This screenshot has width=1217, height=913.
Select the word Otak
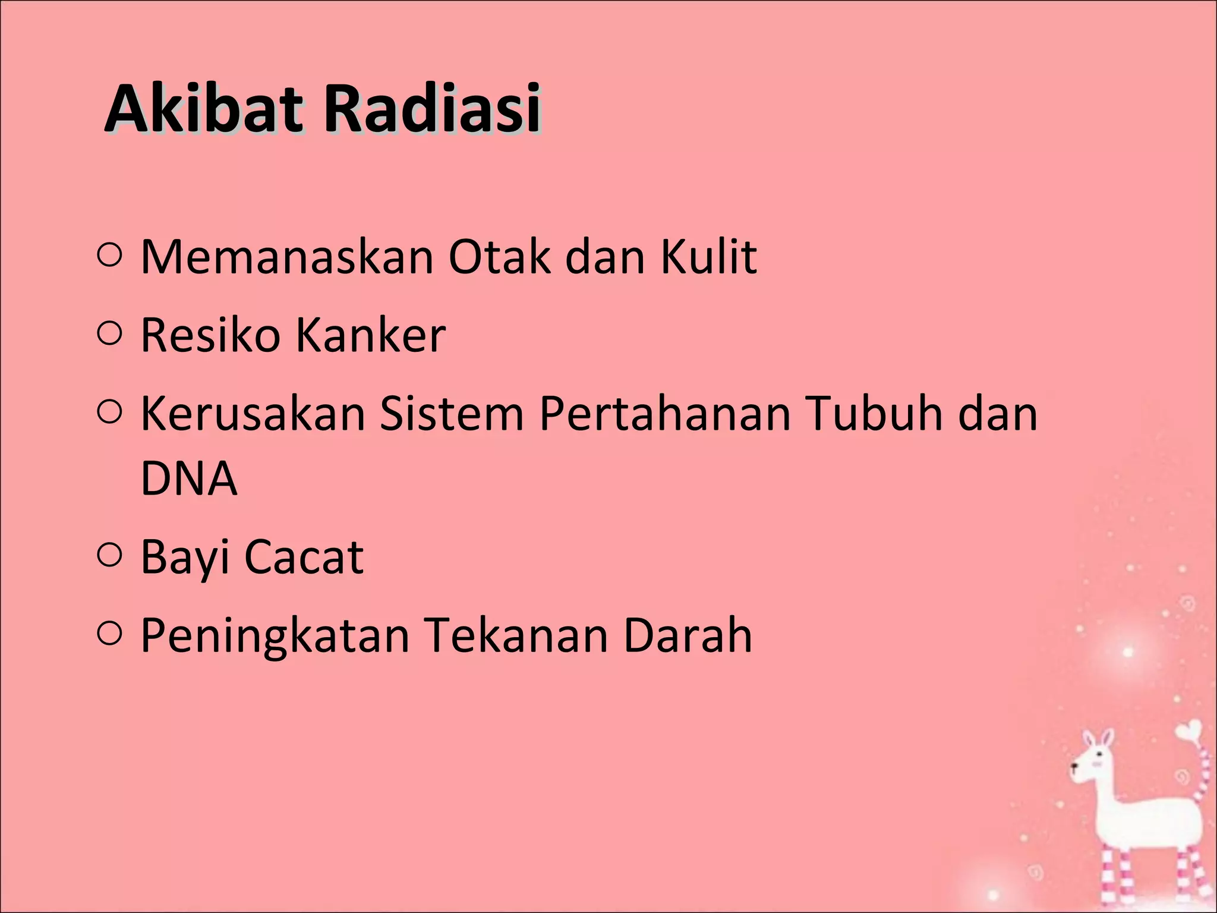point(499,257)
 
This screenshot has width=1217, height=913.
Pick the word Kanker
point(371,335)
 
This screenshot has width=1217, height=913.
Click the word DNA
point(189,478)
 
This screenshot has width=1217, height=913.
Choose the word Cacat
point(304,558)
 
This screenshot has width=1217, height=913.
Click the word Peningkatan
point(275,635)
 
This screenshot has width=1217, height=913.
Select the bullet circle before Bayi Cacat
point(109,555)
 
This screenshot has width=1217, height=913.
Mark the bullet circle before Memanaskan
point(109,255)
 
